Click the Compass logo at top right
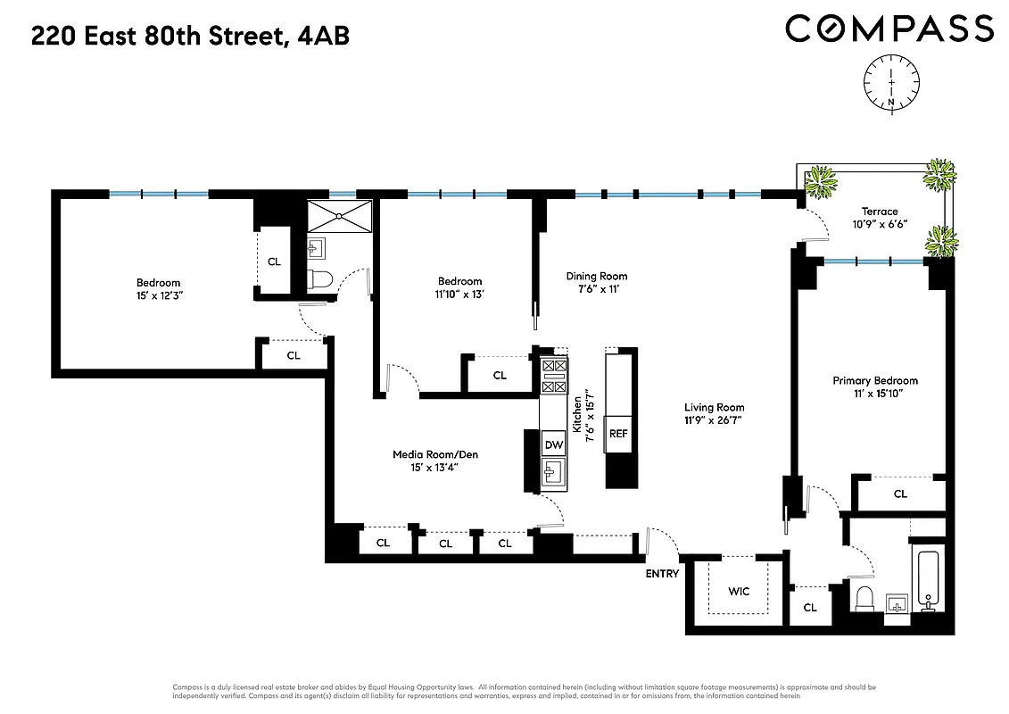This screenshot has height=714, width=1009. (889, 29)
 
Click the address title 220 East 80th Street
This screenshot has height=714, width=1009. (190, 36)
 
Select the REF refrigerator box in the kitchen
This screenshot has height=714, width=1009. (619, 434)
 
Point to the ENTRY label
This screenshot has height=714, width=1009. (662, 574)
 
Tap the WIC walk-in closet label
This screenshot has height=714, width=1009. (739, 592)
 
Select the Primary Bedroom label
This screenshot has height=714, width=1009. (874, 380)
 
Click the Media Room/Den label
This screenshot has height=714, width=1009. (435, 454)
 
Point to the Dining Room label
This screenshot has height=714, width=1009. (597, 276)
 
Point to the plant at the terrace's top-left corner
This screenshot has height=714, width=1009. (819, 183)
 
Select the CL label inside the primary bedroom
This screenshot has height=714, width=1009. (900, 494)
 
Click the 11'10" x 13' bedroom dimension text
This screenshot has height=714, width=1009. (460, 294)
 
